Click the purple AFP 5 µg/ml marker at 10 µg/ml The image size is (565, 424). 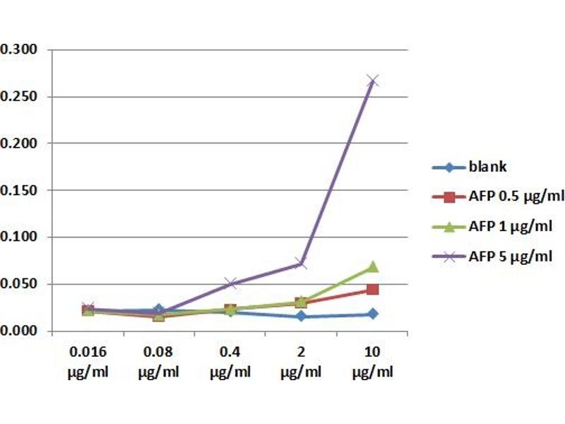372,81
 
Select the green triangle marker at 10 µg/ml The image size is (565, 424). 372,267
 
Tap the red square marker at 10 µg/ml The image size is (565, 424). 372,290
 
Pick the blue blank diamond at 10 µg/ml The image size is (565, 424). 372,314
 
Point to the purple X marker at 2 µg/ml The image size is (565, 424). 301,264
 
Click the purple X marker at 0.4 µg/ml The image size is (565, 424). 230,283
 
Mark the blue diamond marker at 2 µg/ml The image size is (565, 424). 301,317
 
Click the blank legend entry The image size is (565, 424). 487,167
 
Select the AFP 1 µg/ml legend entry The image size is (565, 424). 504,227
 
